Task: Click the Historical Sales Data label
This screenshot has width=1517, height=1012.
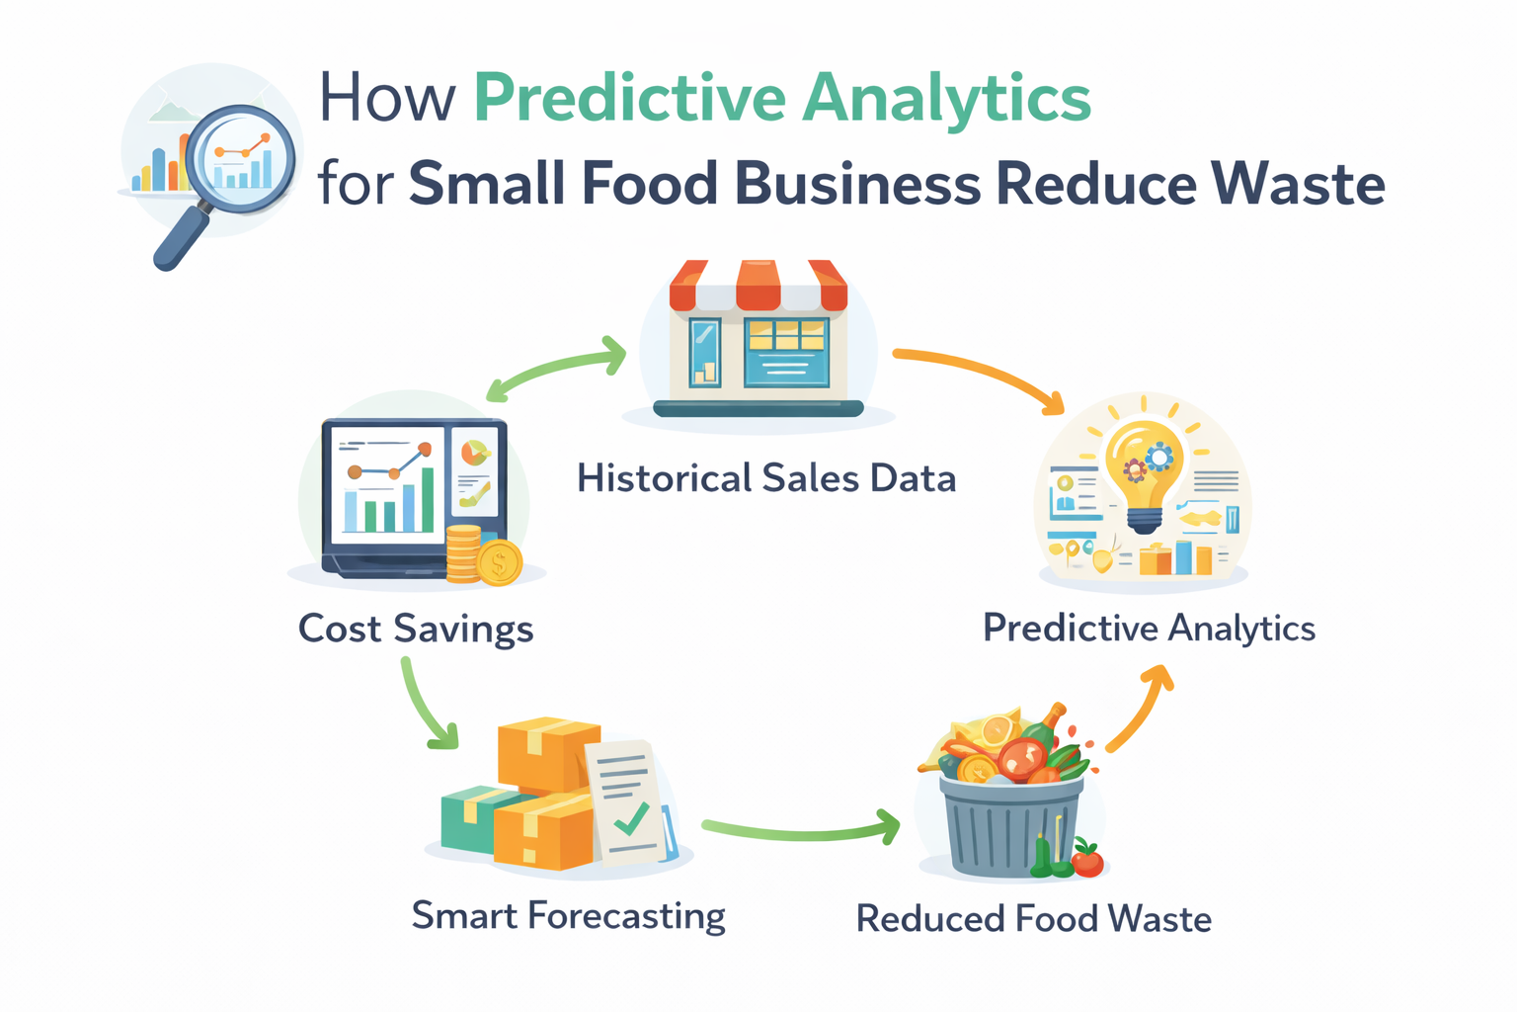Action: (x=766, y=479)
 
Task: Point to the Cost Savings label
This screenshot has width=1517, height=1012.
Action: (x=416, y=629)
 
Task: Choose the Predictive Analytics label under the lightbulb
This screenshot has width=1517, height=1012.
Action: (x=1149, y=629)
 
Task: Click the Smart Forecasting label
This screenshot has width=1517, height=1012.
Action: (x=568, y=916)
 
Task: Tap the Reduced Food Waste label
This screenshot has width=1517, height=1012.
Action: (x=1033, y=919)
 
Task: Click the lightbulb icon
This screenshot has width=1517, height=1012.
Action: (x=1145, y=469)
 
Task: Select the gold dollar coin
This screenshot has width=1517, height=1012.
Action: (x=500, y=564)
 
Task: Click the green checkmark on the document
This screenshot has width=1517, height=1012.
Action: (x=630, y=819)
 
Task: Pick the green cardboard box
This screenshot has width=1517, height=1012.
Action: (x=466, y=819)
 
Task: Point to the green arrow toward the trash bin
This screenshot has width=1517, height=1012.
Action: (x=800, y=830)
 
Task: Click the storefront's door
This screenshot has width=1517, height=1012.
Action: (x=705, y=352)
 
